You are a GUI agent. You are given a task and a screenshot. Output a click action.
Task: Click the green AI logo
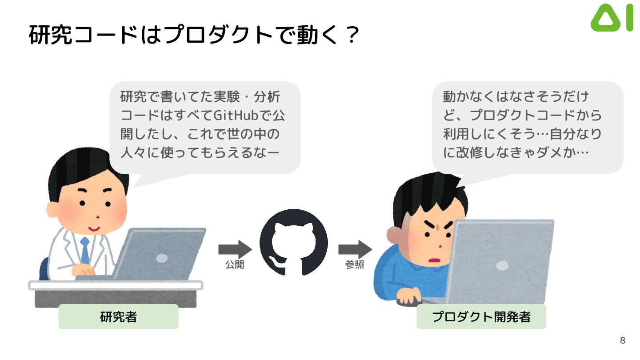[612, 18]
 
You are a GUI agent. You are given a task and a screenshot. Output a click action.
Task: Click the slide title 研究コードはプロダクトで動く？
[193, 35]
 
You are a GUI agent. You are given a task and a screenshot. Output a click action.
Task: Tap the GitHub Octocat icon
[293, 242]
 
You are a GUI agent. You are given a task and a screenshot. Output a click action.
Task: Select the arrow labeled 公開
[235, 249]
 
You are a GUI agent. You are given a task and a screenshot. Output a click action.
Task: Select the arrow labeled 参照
[355, 249]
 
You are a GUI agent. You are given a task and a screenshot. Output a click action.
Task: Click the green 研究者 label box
[118, 317]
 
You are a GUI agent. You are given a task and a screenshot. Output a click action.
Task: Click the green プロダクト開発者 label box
[481, 317]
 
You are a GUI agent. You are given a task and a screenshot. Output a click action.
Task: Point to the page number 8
[622, 341]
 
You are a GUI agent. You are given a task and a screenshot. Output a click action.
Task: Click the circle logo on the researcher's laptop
[162, 258]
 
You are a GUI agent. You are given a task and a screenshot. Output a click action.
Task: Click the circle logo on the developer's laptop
[502, 266]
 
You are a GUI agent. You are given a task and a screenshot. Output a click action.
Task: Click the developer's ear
[393, 233]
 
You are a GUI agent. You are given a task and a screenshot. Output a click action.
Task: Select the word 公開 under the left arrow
[235, 265]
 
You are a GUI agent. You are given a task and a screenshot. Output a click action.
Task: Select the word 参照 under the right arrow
[355, 265]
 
